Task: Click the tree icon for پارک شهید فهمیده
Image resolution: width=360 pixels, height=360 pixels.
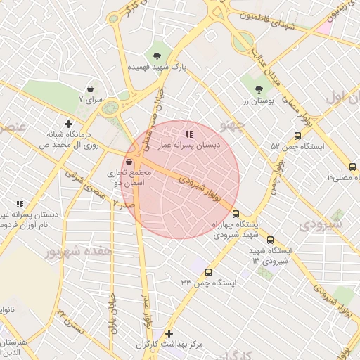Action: click(156, 55)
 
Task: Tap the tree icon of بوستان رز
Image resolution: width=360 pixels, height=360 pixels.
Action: click(259, 89)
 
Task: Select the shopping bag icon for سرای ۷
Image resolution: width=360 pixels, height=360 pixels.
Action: click(91, 89)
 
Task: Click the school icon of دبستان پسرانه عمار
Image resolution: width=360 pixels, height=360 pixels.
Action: click(188, 133)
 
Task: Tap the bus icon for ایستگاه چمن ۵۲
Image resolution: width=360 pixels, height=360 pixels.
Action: click(297, 136)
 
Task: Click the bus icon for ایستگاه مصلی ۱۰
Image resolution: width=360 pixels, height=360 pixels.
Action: click(352, 167)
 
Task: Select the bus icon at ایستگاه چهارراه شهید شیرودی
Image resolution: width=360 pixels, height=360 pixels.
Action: click(236, 214)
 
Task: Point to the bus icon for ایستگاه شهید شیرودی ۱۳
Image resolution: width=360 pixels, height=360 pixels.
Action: click(271, 240)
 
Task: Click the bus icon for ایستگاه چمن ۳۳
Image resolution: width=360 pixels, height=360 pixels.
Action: click(207, 272)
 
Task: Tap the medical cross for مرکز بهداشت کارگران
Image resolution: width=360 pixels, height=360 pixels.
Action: click(169, 333)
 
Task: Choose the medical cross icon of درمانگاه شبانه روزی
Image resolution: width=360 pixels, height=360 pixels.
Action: click(68, 123)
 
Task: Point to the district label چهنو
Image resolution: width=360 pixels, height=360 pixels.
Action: click(232, 125)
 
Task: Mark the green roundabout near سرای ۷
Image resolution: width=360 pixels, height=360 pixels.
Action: click(110, 108)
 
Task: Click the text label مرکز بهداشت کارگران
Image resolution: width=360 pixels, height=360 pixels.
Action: click(169, 345)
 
